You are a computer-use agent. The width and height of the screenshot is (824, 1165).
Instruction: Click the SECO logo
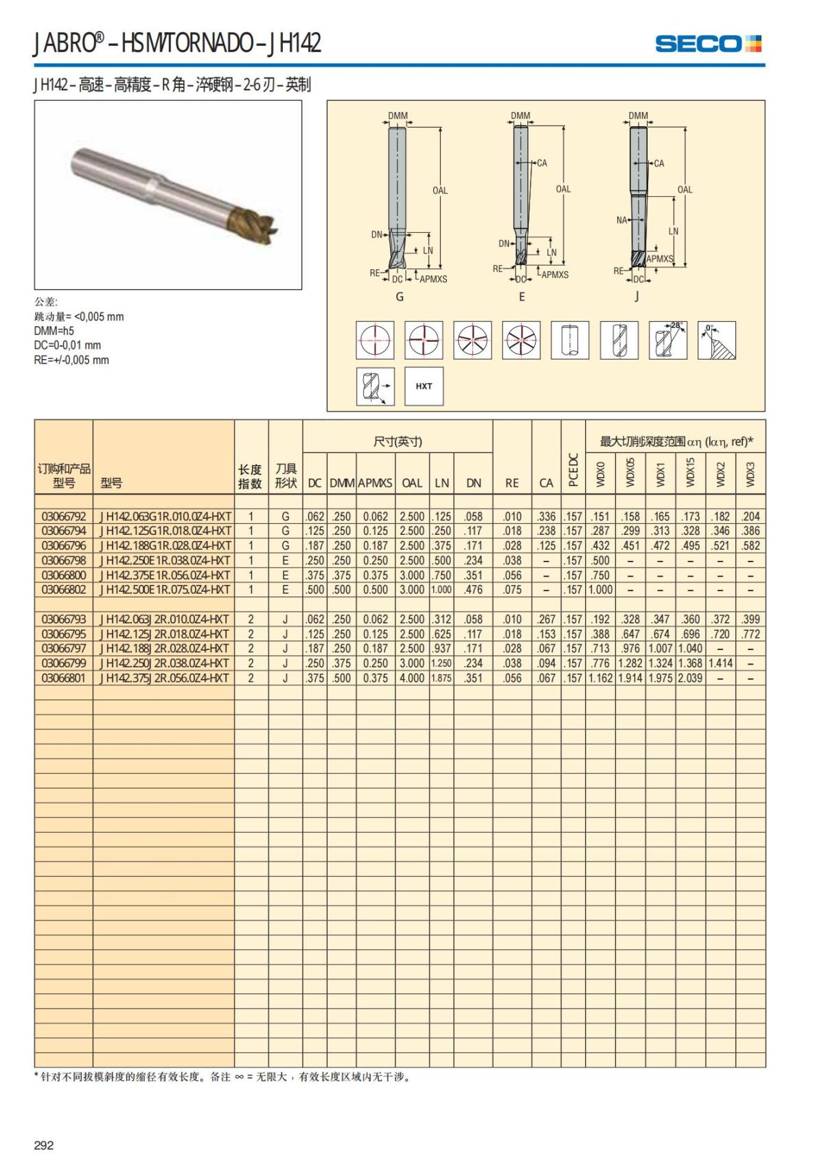click(x=708, y=44)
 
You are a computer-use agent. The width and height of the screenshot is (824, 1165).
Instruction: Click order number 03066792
click(x=64, y=516)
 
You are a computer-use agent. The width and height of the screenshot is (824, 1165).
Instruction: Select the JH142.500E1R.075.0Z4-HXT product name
click(x=165, y=590)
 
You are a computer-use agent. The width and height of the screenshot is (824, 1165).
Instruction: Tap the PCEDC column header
click(x=573, y=470)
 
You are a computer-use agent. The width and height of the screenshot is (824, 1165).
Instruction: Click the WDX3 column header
click(x=750, y=474)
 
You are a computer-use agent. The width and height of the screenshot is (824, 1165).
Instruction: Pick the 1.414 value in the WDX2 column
click(x=720, y=663)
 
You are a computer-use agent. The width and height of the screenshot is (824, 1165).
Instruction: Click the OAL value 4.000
click(x=412, y=678)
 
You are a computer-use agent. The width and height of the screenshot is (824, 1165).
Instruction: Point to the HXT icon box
click(x=424, y=386)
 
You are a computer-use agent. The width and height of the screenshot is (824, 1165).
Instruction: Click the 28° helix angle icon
click(x=668, y=340)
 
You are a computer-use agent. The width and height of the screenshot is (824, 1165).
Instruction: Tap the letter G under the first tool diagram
click(x=400, y=297)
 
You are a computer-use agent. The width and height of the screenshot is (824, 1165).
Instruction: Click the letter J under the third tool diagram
click(x=637, y=297)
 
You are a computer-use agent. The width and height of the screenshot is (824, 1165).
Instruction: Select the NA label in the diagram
click(x=621, y=220)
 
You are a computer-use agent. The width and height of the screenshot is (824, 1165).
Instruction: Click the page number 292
click(x=44, y=1145)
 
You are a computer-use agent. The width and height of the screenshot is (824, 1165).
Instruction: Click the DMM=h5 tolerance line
click(x=54, y=331)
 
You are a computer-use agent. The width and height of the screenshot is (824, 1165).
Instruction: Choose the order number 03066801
click(x=64, y=678)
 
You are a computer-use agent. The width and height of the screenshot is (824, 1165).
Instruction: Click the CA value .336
click(x=546, y=516)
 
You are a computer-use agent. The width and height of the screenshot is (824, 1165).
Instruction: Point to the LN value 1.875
click(x=442, y=678)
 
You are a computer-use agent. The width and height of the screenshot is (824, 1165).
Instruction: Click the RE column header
click(x=512, y=483)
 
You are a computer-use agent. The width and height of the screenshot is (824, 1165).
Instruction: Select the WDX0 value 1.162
click(x=601, y=678)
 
